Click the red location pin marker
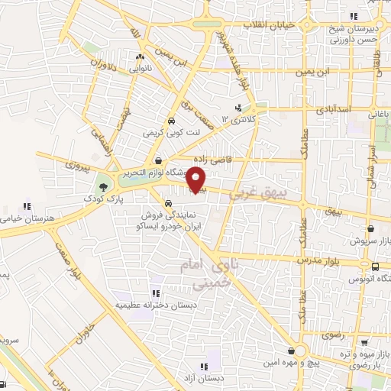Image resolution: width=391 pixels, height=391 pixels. point(196,180)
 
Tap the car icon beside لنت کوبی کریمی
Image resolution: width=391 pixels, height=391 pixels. point(171,121)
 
